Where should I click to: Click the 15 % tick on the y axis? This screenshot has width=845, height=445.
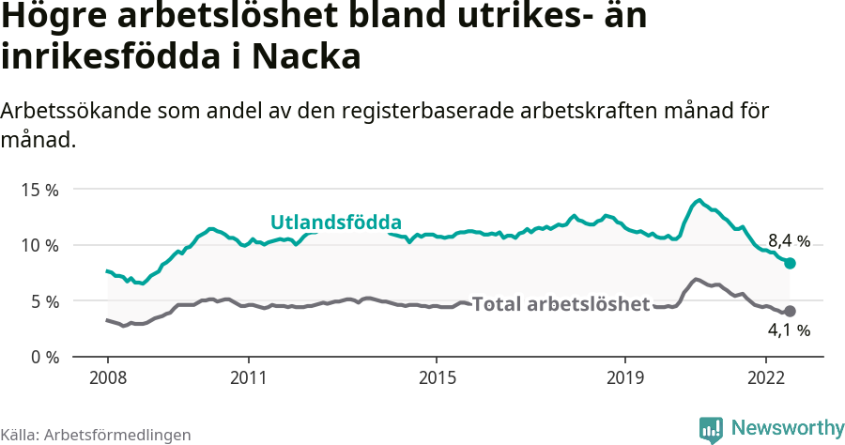coord(39,190)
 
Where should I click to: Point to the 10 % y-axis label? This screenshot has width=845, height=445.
coord(39,246)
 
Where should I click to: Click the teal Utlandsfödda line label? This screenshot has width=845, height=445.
coord(336,222)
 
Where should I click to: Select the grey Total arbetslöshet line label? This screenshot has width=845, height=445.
coord(561,304)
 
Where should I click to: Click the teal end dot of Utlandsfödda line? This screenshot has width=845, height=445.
coord(790,264)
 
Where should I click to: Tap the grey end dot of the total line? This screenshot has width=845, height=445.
coord(790,311)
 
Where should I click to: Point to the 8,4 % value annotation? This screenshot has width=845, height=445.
coord(789,240)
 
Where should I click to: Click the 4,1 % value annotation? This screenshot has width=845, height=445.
coord(789,330)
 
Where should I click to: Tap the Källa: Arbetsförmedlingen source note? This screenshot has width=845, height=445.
coord(96,435)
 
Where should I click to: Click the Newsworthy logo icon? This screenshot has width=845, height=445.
coord(711,429)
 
